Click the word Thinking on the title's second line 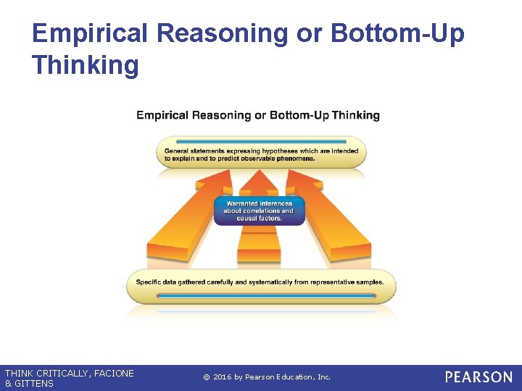[x=85, y=65]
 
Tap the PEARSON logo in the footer [x=478, y=377]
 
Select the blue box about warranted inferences [x=259, y=211]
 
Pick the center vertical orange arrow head [x=259, y=181]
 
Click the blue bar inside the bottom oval [x=261, y=296]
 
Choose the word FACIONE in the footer [x=112, y=373]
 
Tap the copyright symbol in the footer [x=207, y=377]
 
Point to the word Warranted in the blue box [x=241, y=203]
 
